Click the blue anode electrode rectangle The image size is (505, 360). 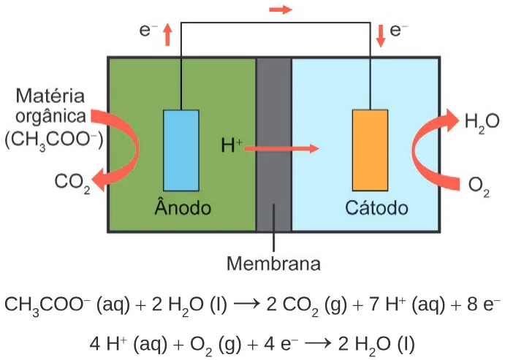181,150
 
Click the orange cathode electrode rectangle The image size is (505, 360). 370,150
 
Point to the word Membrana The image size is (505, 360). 274,264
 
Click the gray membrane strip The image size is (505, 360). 274,145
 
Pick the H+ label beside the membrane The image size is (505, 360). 232,145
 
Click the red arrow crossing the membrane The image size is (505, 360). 281,149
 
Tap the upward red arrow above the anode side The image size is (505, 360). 167,34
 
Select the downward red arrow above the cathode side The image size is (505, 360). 381,36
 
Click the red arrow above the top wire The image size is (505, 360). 281,9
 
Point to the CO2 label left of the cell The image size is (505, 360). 72,183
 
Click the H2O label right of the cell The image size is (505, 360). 482,123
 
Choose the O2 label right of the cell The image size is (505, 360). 479,187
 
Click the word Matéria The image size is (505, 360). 50,96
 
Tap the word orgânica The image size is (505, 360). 50,116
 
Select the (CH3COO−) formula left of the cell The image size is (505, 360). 54,141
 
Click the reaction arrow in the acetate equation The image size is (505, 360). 247,304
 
